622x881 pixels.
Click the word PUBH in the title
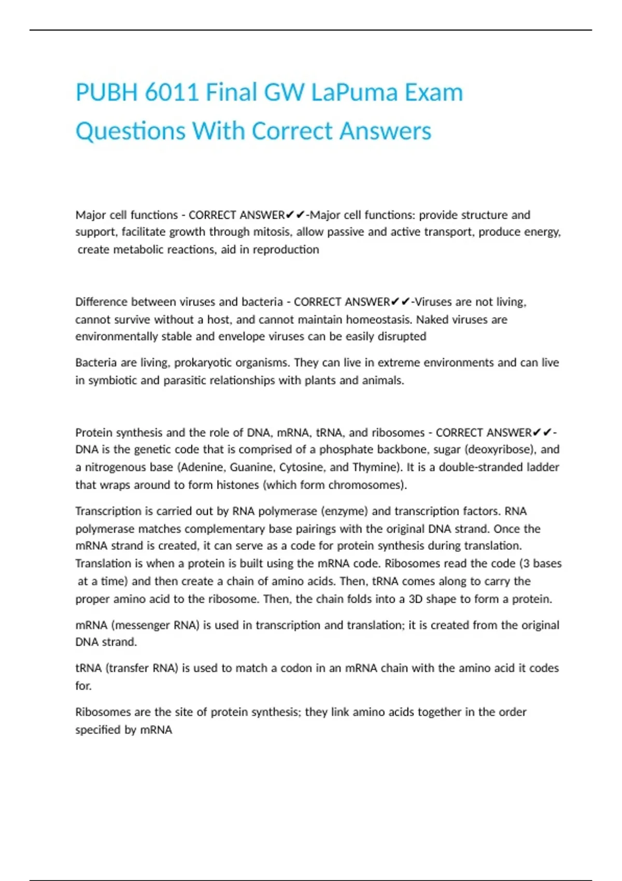[106, 93]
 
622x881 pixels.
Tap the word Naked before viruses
[432, 319]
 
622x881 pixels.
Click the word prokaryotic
[203, 363]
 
